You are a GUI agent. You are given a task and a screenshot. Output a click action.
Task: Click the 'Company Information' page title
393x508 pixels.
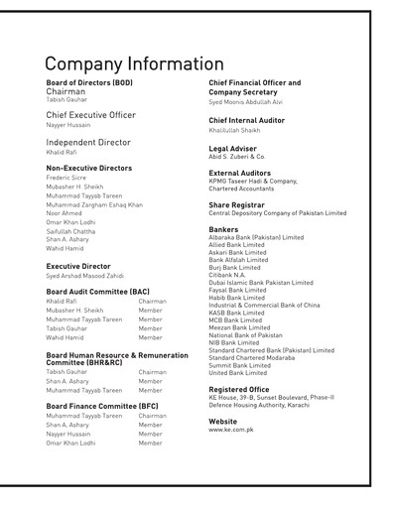134,63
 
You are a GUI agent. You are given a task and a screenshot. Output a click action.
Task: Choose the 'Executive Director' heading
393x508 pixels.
78,266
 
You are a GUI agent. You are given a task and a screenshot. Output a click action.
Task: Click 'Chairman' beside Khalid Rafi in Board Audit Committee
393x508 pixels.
152,301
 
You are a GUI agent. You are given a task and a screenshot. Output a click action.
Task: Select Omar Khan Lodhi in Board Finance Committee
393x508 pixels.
72,444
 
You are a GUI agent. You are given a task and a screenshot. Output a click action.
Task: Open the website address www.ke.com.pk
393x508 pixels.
230,431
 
